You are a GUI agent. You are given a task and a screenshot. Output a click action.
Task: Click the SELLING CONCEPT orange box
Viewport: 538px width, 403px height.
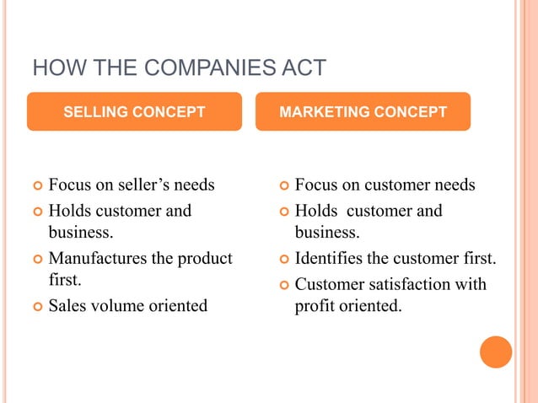point(134,111)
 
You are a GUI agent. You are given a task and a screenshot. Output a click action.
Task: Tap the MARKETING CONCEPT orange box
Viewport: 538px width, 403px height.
point(363,111)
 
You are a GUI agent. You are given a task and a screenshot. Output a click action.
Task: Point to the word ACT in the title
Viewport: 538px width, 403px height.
point(304,68)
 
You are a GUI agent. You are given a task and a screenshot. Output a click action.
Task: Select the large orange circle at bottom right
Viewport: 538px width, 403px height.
point(496,352)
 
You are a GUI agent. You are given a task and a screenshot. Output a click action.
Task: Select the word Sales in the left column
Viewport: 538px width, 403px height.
point(67,305)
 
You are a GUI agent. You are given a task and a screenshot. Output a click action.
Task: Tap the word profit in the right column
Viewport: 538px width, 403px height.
point(315,306)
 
